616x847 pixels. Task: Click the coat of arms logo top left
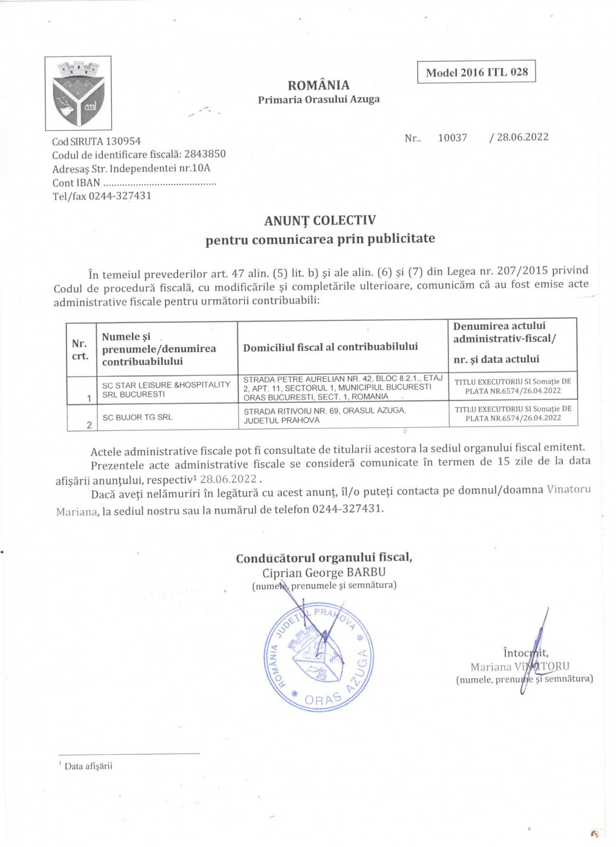pos(78,93)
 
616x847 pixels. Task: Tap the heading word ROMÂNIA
pos(318,85)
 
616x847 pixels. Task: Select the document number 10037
pos(453,138)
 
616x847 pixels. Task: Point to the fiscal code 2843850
pos(205,154)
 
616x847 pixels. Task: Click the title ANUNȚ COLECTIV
pos(319,220)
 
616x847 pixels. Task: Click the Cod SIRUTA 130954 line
pos(96,141)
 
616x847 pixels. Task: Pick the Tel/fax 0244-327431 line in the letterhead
pos(102,196)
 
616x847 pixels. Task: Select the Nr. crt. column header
pos(80,350)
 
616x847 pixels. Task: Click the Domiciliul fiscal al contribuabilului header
pos(330,347)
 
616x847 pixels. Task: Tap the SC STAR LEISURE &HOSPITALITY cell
pos(166,389)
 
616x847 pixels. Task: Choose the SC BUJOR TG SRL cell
pos(137,417)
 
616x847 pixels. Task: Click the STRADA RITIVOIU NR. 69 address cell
pos(325,415)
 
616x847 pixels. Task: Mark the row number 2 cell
pos(89,425)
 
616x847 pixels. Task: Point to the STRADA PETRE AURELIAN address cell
pos(342,388)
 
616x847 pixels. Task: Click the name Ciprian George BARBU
pos(324,572)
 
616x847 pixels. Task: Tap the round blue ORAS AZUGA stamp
pos(318,656)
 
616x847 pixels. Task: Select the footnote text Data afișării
pos(88,767)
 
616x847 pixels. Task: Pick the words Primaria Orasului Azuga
pos(318,100)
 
